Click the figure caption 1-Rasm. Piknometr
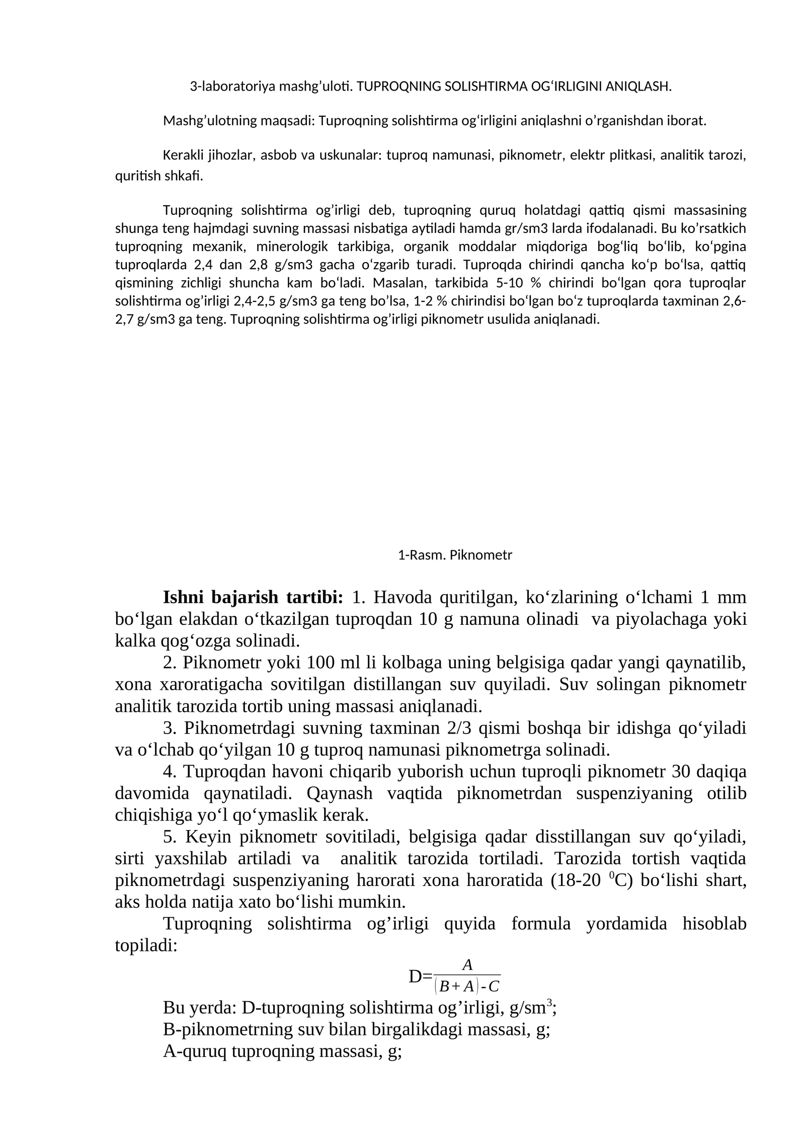(455, 555)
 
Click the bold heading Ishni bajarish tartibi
(253, 598)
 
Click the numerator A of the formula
(467, 965)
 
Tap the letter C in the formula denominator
(494, 987)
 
